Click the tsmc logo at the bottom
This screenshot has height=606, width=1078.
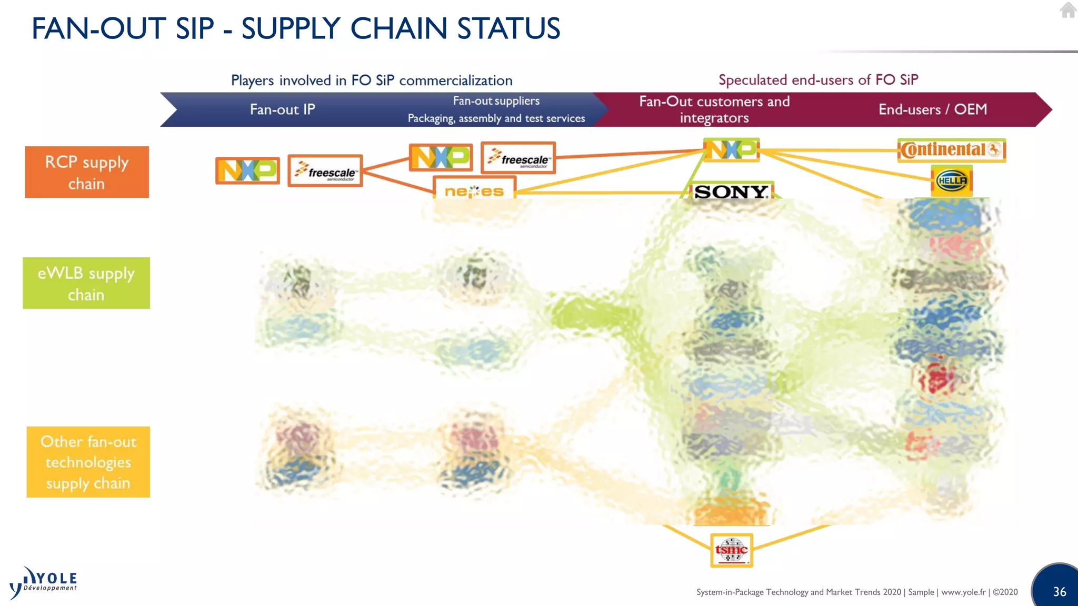pyautogui.click(x=731, y=550)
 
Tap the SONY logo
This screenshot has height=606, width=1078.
pyautogui.click(x=731, y=191)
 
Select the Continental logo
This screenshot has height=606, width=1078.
pyautogui.click(x=951, y=150)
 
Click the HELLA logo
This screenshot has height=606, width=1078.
pyautogui.click(x=952, y=181)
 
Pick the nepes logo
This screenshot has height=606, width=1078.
pyautogui.click(x=474, y=191)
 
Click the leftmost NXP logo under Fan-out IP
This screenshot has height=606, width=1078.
pyautogui.click(x=247, y=170)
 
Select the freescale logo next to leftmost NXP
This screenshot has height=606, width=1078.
pyautogui.click(x=325, y=171)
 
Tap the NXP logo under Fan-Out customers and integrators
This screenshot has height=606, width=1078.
pyautogui.click(x=731, y=150)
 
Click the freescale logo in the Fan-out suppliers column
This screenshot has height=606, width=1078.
pyautogui.click(x=518, y=158)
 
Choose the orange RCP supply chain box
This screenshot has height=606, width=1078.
pyautogui.click(x=87, y=172)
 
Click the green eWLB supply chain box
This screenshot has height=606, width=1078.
pyautogui.click(x=86, y=283)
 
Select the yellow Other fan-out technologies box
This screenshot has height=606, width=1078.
pyautogui.click(x=88, y=462)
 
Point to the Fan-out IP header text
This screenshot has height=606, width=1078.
pyautogui.click(x=282, y=109)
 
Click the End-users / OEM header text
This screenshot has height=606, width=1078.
pyautogui.click(x=932, y=109)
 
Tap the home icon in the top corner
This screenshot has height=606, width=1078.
pyautogui.click(x=1067, y=10)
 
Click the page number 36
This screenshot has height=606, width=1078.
pyautogui.click(x=1059, y=592)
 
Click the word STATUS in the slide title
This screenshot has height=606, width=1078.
pyautogui.click(x=508, y=28)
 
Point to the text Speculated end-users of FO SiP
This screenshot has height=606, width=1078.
pyautogui.click(x=818, y=80)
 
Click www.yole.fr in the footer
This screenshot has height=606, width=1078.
pyautogui.click(x=963, y=592)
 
